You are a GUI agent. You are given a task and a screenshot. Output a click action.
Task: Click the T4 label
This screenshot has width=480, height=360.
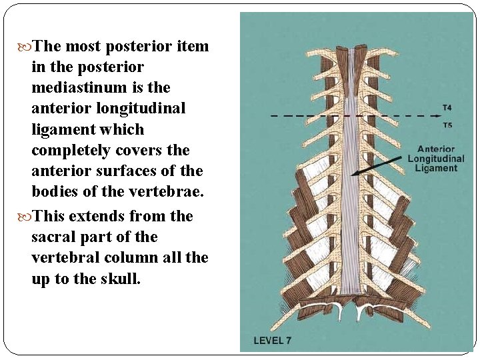[x=447, y=107]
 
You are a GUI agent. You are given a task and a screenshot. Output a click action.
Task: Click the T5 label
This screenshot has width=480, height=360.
[x=447, y=125]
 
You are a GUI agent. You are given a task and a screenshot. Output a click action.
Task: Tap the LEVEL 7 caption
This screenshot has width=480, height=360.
[x=272, y=341]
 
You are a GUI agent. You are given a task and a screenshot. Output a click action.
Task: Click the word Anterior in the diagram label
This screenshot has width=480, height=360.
[x=436, y=149]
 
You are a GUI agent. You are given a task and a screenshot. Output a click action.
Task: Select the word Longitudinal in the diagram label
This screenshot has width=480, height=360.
[x=436, y=159]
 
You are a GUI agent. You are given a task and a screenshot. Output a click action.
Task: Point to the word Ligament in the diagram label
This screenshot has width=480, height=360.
[x=436, y=168]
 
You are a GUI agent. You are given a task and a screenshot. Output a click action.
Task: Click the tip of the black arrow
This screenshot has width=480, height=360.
[x=352, y=174]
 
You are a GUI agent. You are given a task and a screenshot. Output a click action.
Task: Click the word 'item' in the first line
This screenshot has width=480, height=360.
[x=193, y=46]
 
